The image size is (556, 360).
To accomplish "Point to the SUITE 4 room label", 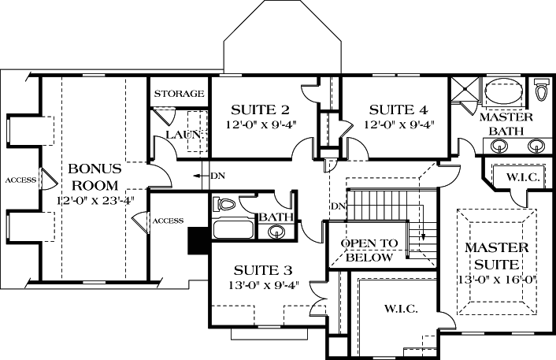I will click(x=398, y=109).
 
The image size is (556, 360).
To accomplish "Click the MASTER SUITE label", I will click(x=495, y=255).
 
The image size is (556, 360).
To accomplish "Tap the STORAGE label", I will click(x=179, y=94).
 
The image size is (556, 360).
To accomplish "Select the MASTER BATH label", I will click(x=506, y=123).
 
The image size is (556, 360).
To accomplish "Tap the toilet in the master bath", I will click(x=541, y=91).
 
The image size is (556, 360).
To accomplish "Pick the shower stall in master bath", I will click(x=464, y=91).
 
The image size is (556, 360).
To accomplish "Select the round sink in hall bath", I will click(x=276, y=232).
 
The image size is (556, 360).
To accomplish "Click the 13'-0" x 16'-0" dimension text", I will click(x=495, y=279).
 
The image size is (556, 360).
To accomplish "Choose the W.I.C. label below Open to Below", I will click(x=400, y=308).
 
